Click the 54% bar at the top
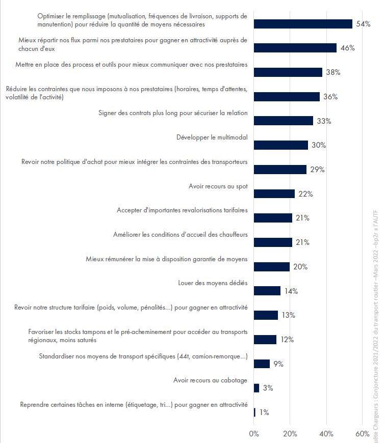point(303,24)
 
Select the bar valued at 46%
point(295,48)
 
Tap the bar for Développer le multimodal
point(280,145)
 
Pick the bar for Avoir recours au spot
point(274,193)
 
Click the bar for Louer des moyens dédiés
point(267,291)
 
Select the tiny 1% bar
point(254,412)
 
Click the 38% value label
point(333,72)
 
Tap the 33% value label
point(324,121)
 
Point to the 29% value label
point(317,170)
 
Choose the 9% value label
point(278,364)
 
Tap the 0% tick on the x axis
point(254,434)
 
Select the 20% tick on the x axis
point(290,434)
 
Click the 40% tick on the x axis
point(326,434)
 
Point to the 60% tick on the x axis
point(363,434)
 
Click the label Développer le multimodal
point(212,137)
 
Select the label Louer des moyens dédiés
point(213,283)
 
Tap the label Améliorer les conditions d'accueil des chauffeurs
point(180,235)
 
